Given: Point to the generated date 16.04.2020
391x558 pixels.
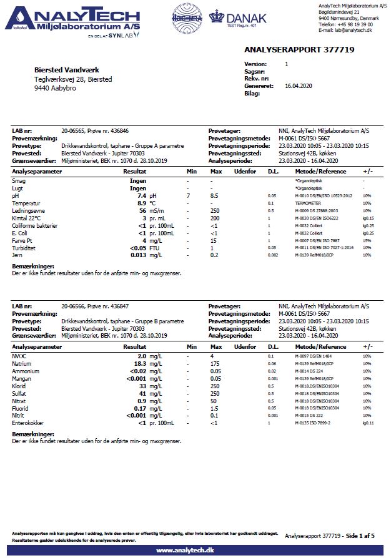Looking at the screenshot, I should (x=299, y=86).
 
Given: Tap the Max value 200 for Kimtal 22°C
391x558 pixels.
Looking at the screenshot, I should (x=215, y=218).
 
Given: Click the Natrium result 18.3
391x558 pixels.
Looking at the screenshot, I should (x=139, y=364).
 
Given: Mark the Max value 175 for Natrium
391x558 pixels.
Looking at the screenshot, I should (x=215, y=364).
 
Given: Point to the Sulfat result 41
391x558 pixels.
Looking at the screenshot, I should (x=142, y=394).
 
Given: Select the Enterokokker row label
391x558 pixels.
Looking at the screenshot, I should (x=29, y=423).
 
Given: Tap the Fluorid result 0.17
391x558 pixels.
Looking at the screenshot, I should (x=139, y=408).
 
